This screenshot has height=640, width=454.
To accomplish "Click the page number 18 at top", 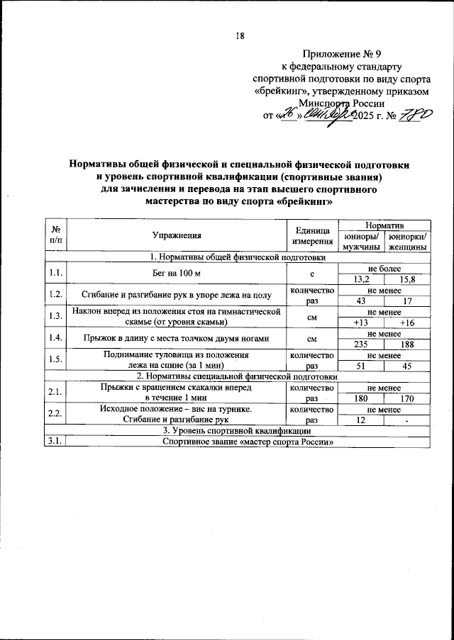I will (239, 35).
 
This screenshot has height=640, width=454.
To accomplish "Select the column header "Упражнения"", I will (177, 235).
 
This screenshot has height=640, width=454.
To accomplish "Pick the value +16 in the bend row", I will (407, 322).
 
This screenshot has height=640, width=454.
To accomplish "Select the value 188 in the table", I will (407, 344).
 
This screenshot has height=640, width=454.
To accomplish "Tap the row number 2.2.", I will (55, 414).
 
